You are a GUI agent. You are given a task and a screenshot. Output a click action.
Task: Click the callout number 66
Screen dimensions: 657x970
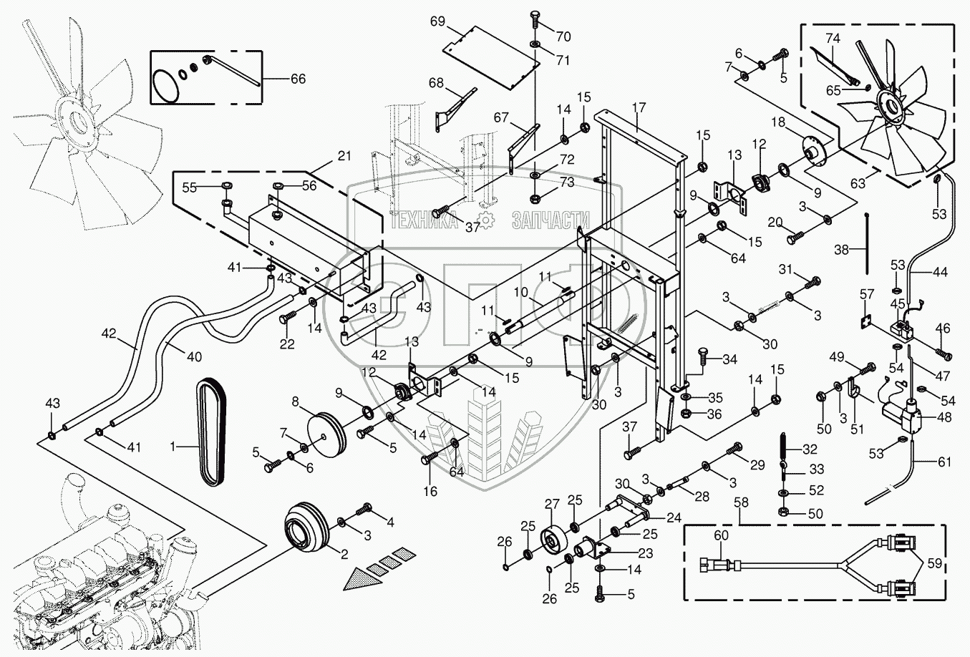coord(297,79)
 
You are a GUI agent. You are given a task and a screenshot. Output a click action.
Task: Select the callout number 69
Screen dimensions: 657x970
coord(438,21)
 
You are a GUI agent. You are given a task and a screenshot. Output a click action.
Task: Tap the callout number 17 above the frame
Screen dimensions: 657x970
coord(639,107)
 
